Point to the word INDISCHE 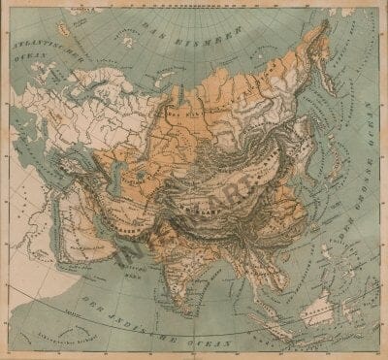[x=145, y=315]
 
